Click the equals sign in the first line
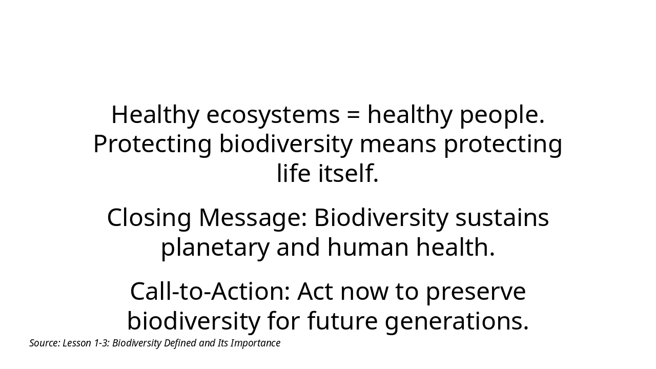click(x=353, y=115)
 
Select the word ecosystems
click(x=273, y=115)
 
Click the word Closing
click(x=149, y=218)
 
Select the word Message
click(x=253, y=218)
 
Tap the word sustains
click(x=502, y=218)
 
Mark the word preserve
click(x=476, y=292)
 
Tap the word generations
click(x=457, y=321)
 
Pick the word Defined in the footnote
click(x=180, y=343)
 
